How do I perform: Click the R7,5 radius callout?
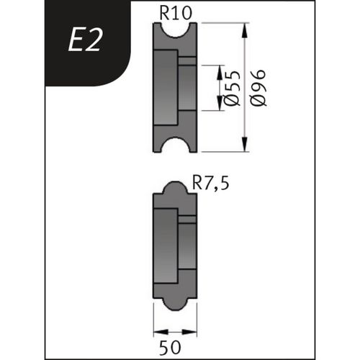click(x=212, y=184)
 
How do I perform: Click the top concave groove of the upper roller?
click(x=176, y=30)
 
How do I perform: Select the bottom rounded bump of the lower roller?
click(x=176, y=302)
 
